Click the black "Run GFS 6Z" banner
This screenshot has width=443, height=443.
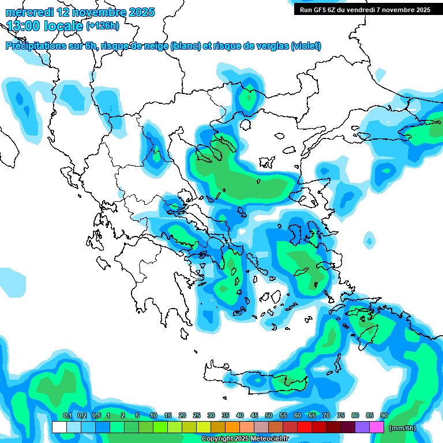[365, 10]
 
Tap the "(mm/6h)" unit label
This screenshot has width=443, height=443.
[403, 427]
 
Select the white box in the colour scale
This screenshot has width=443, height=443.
[59, 427]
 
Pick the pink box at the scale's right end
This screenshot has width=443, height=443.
[377, 427]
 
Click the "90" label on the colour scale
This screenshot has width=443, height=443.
[384, 415]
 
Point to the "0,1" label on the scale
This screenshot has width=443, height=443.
[67, 415]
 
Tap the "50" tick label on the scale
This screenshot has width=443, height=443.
[269, 415]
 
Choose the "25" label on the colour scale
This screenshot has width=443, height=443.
[197, 415]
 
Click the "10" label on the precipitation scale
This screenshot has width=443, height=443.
[153, 415]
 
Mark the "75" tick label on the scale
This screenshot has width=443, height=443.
[341, 415]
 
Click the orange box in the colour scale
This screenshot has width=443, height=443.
[232, 427]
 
